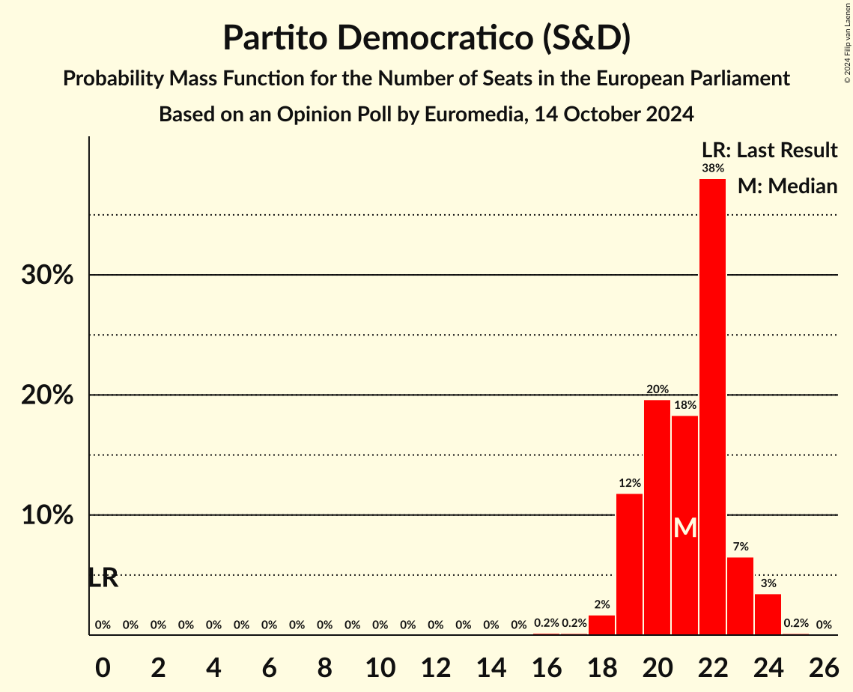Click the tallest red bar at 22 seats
712,407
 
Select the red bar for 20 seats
657,518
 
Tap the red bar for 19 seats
629,564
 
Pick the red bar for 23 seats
740,596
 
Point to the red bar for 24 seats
768,614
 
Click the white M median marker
684,528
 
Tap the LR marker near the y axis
103,578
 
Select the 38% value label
712,169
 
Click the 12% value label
629,483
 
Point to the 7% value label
740,547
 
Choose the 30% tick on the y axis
47,276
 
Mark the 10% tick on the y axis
47,516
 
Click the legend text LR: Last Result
769,151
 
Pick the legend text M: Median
787,186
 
